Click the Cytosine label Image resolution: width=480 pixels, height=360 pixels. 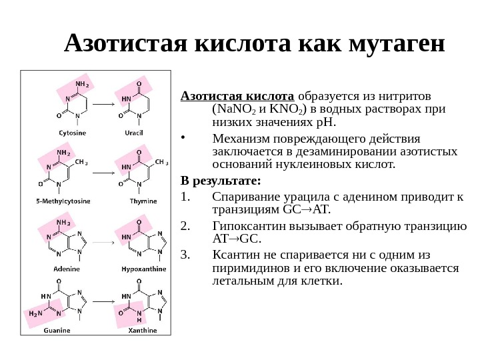[71, 133]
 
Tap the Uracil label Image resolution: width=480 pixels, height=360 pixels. [134, 133]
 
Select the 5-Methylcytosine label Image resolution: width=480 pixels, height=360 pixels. [63, 200]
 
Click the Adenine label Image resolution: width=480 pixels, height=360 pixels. [67, 268]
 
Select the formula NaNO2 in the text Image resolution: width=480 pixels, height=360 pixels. [233, 109]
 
